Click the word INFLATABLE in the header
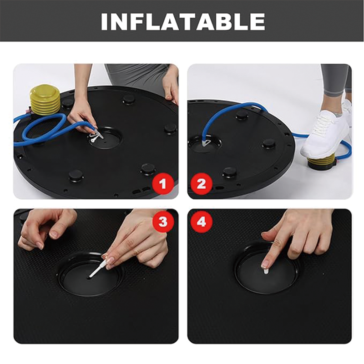182,21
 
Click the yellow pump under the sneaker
322,161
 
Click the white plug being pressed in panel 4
266,271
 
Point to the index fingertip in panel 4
265,263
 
